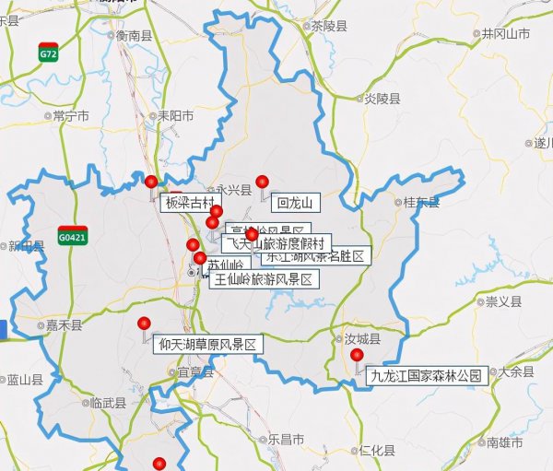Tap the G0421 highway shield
[x=72, y=236]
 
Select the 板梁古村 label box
[x=191, y=202]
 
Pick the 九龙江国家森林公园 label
[x=426, y=375]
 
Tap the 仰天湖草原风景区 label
[x=207, y=344]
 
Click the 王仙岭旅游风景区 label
[x=264, y=278]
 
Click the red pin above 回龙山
[x=262, y=181]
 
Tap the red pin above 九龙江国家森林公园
[x=358, y=355]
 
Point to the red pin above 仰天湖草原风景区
[x=144, y=324]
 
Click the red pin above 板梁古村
[x=151, y=181]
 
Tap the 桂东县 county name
[x=416, y=202]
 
